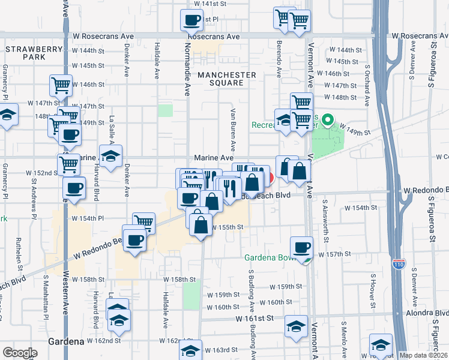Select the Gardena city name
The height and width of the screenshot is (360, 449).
coord(65,341)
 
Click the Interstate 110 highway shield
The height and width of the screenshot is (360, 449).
coord(399,263)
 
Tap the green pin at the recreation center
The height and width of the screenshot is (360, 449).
coord(327,121)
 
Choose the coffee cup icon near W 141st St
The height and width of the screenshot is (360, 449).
coord(191,21)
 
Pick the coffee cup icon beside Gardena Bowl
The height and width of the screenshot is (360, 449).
coord(301,247)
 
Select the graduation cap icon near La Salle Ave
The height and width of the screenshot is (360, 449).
coord(111,157)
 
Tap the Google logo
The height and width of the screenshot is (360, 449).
coord(20,353)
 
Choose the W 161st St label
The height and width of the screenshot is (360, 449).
coord(255,319)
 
